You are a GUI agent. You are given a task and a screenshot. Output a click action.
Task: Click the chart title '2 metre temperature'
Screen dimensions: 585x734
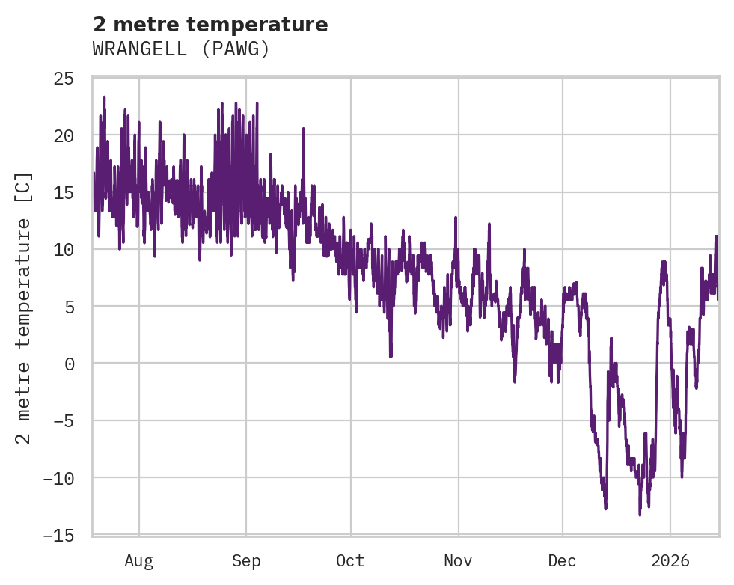coord(210,25)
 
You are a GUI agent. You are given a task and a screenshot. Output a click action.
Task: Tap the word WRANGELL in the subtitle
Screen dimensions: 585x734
coord(138,49)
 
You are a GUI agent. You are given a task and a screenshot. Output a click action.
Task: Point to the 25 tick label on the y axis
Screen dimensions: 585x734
coord(64,79)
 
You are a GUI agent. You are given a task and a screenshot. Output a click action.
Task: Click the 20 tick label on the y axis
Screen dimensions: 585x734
coord(64,135)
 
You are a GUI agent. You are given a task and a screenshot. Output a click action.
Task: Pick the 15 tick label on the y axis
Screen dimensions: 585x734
coord(64,192)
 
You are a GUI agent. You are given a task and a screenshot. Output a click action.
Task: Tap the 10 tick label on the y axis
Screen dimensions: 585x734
coord(64,249)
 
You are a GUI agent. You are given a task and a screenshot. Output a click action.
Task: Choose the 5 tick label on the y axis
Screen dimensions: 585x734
coord(69,306)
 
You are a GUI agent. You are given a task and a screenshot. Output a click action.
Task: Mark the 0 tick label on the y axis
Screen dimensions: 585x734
coord(69,364)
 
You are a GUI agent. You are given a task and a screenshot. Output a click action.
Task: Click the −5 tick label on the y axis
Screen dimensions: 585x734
coord(64,420)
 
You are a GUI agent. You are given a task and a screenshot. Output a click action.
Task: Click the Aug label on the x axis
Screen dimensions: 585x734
coord(138,560)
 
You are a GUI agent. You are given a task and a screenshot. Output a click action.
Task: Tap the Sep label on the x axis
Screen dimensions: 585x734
coord(246,560)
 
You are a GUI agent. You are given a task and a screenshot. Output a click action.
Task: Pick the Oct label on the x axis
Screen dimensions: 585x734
coord(350,560)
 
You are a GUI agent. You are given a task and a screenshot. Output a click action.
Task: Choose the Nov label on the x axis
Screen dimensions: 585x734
coord(458,560)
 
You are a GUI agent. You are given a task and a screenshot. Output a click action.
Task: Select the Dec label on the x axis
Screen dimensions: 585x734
coord(562,560)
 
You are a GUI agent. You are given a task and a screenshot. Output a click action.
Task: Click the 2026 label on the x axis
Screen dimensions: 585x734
coord(670,560)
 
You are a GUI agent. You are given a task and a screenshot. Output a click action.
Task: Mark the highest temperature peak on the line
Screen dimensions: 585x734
coord(104,97)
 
